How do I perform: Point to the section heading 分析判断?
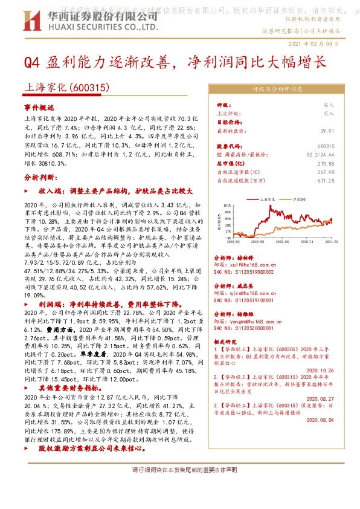click(39, 178)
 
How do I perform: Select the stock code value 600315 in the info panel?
click(326, 146)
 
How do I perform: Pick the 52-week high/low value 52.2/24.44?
click(321, 155)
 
